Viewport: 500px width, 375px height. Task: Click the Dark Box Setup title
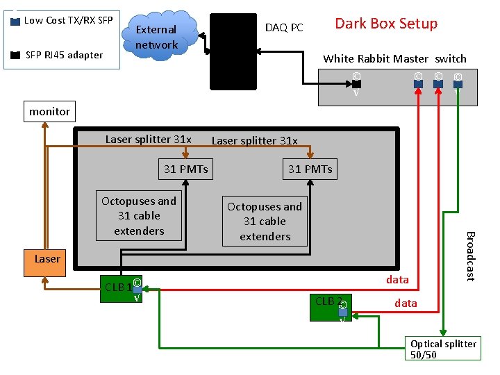(386, 24)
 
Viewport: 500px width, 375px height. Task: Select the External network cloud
(157, 37)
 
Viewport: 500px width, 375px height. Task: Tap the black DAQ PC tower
(233, 53)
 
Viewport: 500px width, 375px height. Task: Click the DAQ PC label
(284, 28)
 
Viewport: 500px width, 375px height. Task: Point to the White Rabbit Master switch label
(394, 59)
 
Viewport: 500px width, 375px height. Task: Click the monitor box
(49, 111)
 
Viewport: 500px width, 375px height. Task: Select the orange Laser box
(47, 259)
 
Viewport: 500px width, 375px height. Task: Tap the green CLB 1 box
(118, 287)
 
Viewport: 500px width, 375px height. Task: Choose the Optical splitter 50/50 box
(443, 349)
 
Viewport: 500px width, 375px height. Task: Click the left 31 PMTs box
(185, 169)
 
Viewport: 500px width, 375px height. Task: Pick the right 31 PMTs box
(310, 169)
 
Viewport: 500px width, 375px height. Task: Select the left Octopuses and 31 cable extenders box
(139, 216)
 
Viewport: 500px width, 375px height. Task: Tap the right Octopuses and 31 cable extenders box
(265, 222)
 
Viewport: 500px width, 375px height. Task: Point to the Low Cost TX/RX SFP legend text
(68, 20)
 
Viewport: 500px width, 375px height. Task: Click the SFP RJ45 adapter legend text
(64, 55)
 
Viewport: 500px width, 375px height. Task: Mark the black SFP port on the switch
(356, 84)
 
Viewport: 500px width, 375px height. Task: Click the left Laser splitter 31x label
(148, 139)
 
